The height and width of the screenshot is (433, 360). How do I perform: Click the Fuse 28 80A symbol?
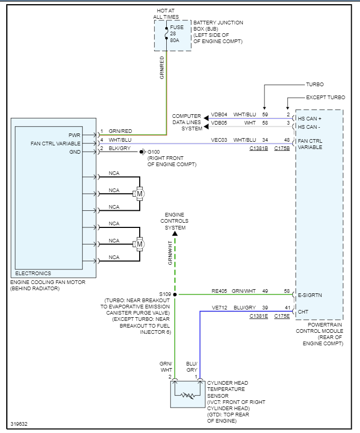166,33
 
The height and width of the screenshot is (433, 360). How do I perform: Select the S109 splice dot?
175,294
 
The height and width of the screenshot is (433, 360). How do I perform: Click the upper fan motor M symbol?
139,194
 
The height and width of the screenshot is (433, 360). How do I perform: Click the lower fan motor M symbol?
139,243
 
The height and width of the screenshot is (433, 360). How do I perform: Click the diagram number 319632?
19,424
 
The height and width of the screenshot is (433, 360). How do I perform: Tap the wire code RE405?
219,291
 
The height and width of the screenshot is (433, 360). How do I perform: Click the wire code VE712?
219,308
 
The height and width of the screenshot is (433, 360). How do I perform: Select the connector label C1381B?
258,148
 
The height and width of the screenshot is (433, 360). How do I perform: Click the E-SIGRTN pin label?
310,295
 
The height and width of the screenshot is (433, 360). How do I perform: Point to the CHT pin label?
303,312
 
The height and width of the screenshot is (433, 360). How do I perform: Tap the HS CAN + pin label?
310,119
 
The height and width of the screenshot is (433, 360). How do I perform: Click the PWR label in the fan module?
74,135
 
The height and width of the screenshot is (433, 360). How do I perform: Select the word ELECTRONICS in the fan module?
33,273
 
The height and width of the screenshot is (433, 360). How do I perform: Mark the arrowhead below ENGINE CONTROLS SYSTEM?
175,234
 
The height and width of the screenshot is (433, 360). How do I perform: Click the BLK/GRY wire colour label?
118,148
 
